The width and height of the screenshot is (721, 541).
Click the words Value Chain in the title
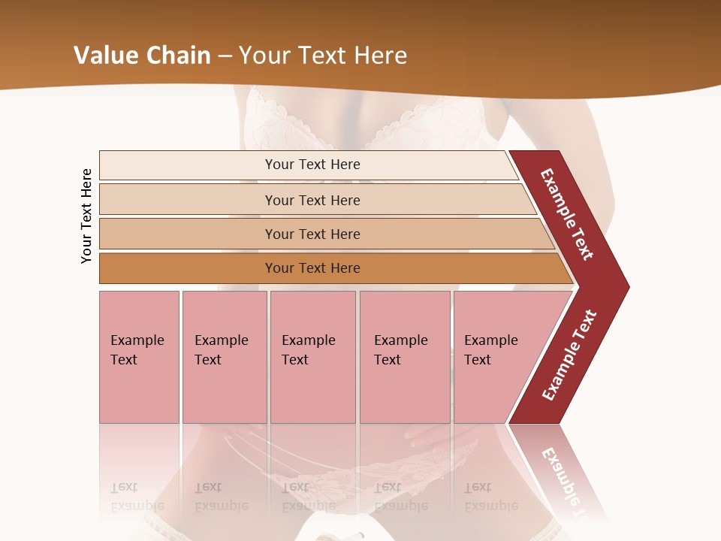pyautogui.click(x=142, y=56)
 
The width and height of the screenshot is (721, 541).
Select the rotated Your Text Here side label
pyautogui.click(x=86, y=216)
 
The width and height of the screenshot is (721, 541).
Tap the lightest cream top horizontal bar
pyautogui.click(x=312, y=165)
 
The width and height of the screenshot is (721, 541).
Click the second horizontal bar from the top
pyautogui.click(x=312, y=200)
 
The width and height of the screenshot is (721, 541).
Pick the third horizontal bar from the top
pyautogui.click(x=312, y=234)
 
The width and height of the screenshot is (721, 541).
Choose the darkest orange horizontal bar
pyautogui.click(x=312, y=268)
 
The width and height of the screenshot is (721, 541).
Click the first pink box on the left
pyautogui.click(x=139, y=357)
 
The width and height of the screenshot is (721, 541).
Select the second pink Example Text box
pyautogui.click(x=225, y=357)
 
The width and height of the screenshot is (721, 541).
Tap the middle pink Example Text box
pyautogui.click(x=312, y=357)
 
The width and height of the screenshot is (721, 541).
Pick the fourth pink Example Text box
pyautogui.click(x=405, y=357)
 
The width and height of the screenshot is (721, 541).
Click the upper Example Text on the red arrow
pyautogui.click(x=567, y=214)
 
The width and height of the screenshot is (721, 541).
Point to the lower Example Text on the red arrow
pyautogui.click(x=569, y=355)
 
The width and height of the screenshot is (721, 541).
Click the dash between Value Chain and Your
pyautogui.click(x=225, y=56)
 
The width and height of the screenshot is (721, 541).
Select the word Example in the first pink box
pyautogui.click(x=137, y=340)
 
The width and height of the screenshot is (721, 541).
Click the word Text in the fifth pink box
pyautogui.click(x=478, y=360)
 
